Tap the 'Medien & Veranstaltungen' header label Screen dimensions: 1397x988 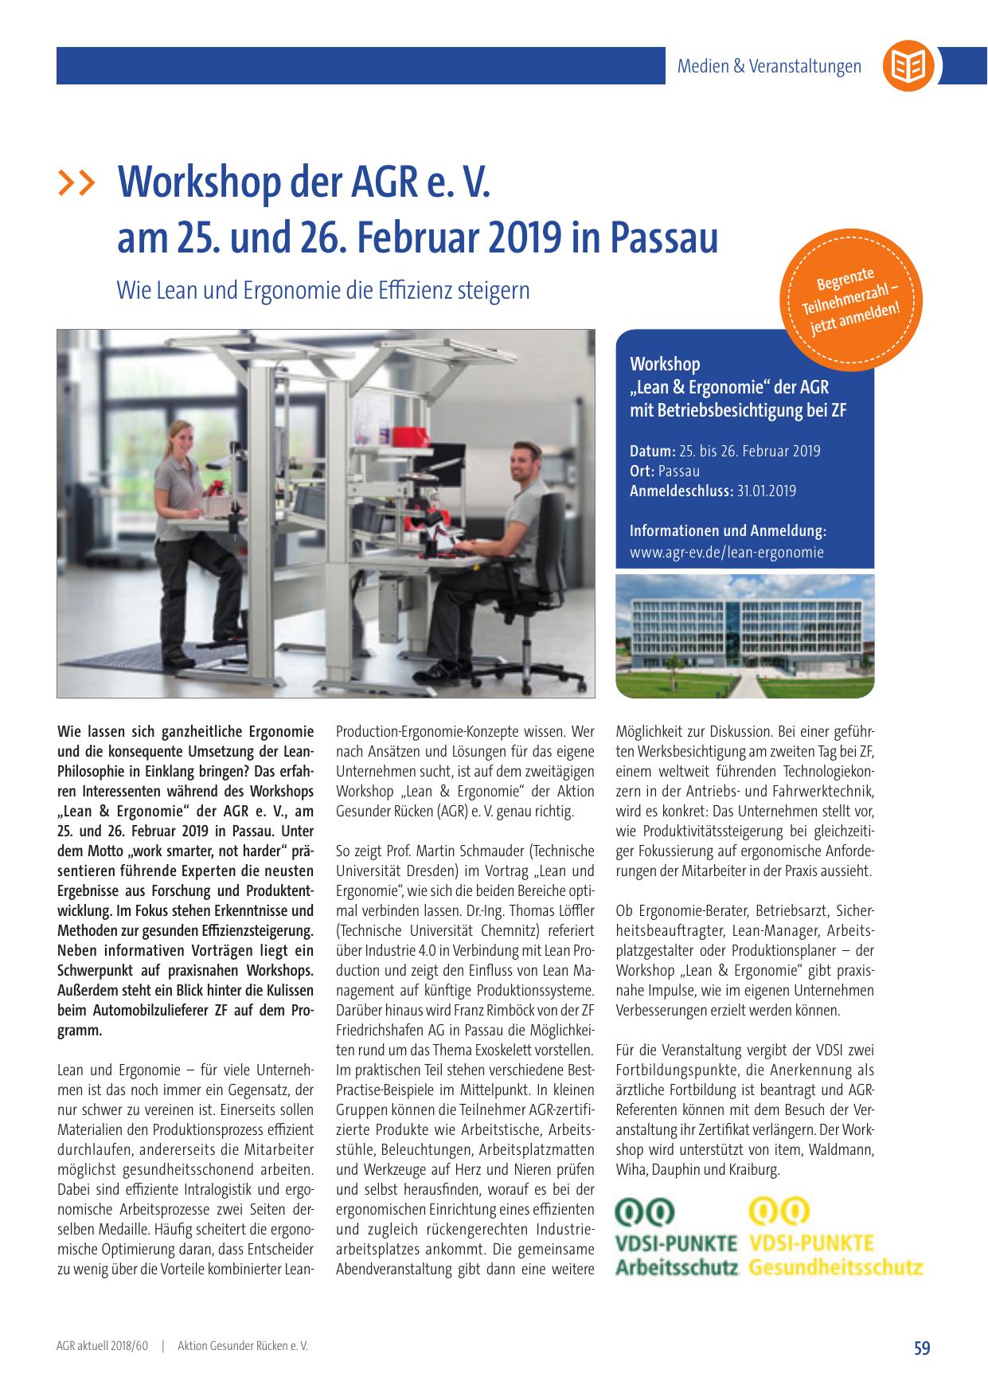pyautogui.click(x=769, y=66)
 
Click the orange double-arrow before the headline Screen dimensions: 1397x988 pyautogui.click(x=77, y=183)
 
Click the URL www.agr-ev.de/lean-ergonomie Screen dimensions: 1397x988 pyautogui.click(x=727, y=551)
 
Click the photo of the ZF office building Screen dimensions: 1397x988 pyautogui.click(x=744, y=635)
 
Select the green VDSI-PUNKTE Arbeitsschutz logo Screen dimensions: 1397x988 pyautogui.click(x=676, y=1238)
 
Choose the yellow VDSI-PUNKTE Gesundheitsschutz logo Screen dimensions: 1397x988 pyautogui.click(x=835, y=1238)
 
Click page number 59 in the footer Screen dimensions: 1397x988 pyautogui.click(x=921, y=1348)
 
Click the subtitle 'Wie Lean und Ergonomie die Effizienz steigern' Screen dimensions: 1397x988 pyautogui.click(x=323, y=289)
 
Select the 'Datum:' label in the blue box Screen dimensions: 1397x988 pyautogui.click(x=653, y=452)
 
